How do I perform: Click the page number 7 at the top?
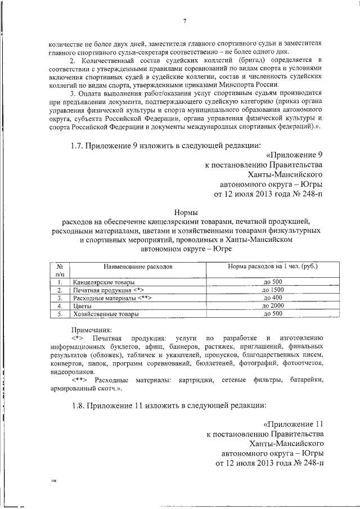(x=184, y=22)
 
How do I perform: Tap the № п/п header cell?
(x=59, y=268)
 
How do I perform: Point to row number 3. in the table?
(x=59, y=298)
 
